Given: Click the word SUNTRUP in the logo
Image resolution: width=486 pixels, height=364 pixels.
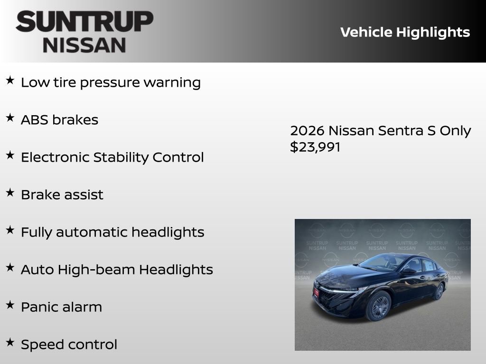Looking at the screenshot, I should (84, 22).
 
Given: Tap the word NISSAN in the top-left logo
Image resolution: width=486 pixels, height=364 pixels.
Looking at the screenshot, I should (84, 45).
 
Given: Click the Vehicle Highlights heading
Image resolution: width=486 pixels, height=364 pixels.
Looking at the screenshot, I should (405, 32).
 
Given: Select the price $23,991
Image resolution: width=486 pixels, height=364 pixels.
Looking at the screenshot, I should (315, 147).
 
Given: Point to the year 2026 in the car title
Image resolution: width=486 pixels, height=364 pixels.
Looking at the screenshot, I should (307, 131).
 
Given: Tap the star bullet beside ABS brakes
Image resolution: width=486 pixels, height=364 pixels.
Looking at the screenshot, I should (10, 118).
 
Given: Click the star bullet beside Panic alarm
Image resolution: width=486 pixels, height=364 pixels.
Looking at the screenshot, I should (10, 305).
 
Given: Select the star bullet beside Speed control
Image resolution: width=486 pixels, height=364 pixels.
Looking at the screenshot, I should (10, 343).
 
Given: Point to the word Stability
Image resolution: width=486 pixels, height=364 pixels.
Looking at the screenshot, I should (121, 157).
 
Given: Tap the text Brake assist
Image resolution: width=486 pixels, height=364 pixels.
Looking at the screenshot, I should (62, 195).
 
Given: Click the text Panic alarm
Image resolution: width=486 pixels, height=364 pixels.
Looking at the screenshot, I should (61, 307).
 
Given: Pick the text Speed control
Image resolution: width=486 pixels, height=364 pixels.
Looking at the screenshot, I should (69, 345).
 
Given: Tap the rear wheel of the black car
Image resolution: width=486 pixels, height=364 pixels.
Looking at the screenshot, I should (439, 291).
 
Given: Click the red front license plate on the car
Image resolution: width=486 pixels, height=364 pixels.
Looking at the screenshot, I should (316, 292).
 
